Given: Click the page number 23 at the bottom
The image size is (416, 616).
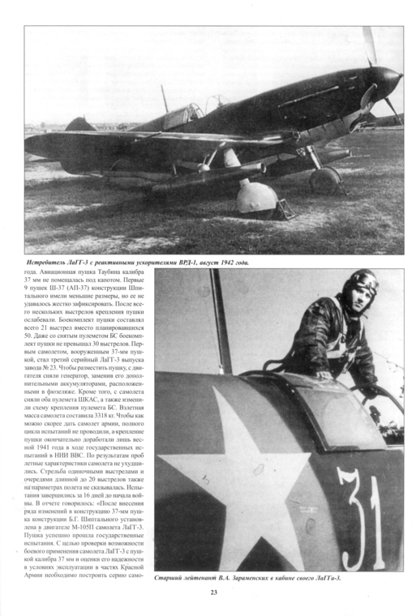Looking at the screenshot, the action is click(214, 592).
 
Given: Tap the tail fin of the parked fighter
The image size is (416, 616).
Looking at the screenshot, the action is click(79, 125).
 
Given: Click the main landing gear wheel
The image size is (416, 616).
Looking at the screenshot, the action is click(324, 180).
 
